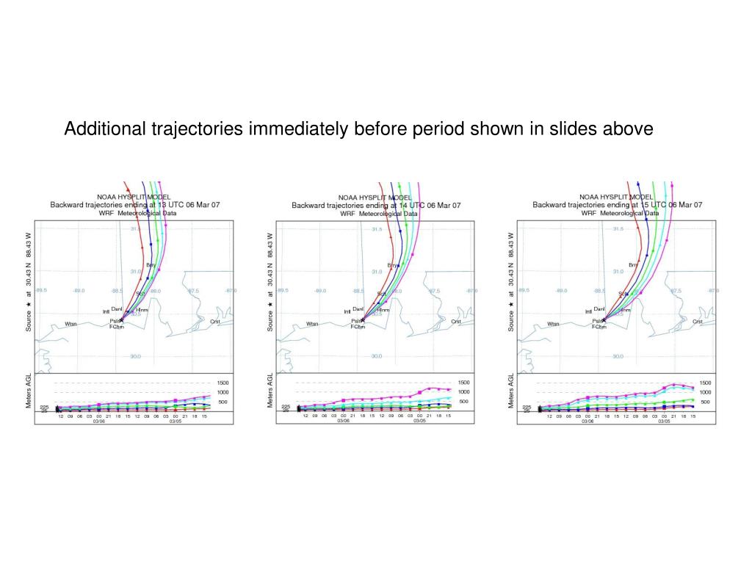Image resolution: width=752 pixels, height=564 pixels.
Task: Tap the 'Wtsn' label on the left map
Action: pyautogui.click(x=70, y=324)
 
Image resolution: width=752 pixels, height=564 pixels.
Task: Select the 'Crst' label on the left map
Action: pyautogui.click(x=215, y=321)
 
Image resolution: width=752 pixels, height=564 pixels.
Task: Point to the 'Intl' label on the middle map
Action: pyautogui.click(x=347, y=312)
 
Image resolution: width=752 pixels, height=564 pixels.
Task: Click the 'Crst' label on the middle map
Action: pyautogui.click(x=456, y=321)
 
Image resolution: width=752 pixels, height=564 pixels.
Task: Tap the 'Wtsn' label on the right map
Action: pyautogui.click(x=553, y=324)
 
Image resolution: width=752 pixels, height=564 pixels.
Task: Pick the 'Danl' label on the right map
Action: pyautogui.click(x=599, y=309)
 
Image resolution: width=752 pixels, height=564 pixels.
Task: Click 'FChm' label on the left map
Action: pyautogui.click(x=117, y=327)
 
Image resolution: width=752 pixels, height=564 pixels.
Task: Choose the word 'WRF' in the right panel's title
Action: pyautogui.click(x=588, y=214)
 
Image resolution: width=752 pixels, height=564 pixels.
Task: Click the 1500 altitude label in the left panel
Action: pyautogui.click(x=223, y=383)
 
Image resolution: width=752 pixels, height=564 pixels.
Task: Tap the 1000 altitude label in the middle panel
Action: pyautogui.click(x=464, y=392)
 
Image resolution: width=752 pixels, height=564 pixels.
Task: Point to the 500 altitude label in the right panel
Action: pyautogui.click(x=705, y=402)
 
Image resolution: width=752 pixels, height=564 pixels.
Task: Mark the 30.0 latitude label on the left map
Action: pyautogui.click(x=135, y=357)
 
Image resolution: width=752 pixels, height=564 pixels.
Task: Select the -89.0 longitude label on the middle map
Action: pyautogui.click(x=320, y=291)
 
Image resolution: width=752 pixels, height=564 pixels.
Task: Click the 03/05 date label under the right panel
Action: pyautogui.click(x=664, y=421)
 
